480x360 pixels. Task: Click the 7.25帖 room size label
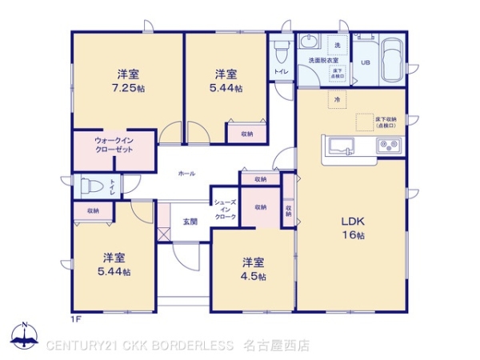pyautogui.click(x=128, y=87)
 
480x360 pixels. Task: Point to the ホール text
pyautogui.click(x=186, y=174)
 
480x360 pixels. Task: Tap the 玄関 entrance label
pyautogui.click(x=190, y=221)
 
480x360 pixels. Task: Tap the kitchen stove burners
pyautogui.click(x=390, y=146)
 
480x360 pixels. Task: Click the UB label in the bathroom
pyautogui.click(x=365, y=62)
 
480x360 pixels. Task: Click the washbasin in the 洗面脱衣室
pyautogui.click(x=310, y=43)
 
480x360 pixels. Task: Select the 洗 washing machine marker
pyautogui.click(x=338, y=44)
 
